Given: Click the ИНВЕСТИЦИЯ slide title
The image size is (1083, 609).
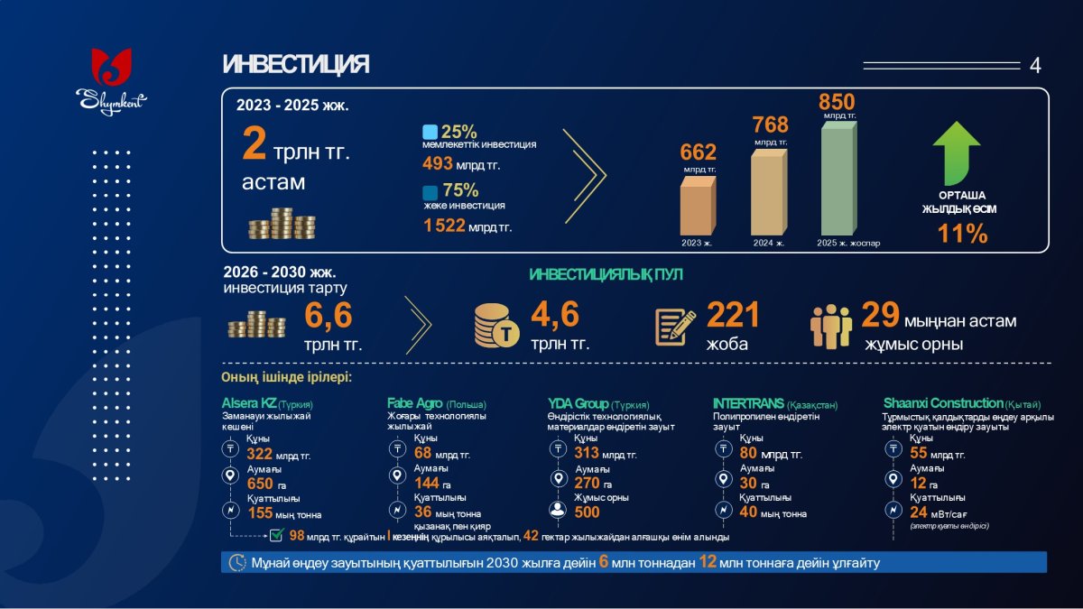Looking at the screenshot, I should [295, 65].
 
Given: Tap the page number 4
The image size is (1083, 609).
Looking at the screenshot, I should [1034, 66].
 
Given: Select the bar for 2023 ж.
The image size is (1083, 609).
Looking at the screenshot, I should [698, 208].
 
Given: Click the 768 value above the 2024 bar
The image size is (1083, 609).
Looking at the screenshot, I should [770, 125].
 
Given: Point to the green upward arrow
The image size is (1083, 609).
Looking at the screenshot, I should [957, 152].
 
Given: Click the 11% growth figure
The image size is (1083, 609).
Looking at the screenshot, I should [962, 234].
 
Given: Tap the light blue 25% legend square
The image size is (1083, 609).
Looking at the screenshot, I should [430, 132].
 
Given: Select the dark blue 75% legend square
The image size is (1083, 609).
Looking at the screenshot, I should [430, 192].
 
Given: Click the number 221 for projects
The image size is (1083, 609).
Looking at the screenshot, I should [732, 315].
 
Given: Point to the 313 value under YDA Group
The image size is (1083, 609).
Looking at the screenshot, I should [588, 453].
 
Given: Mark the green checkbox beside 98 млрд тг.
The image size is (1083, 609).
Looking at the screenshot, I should [278, 536].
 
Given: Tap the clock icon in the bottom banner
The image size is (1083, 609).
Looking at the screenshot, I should [237, 562].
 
